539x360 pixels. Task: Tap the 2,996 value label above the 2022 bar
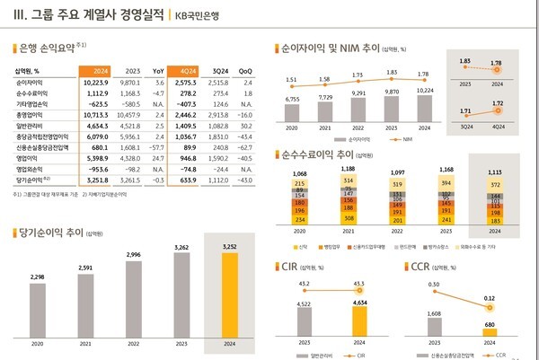(x=133, y=255)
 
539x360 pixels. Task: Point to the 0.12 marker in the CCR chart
(x=489, y=306)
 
